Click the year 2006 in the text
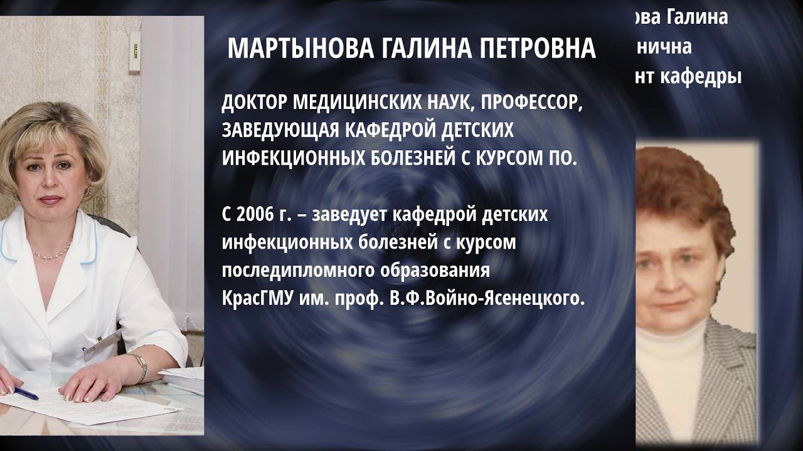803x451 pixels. [x=254, y=215]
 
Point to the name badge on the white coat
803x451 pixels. [x=102, y=343]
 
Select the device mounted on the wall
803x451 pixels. [x=134, y=51]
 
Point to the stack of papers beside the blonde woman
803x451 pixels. [x=183, y=380]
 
